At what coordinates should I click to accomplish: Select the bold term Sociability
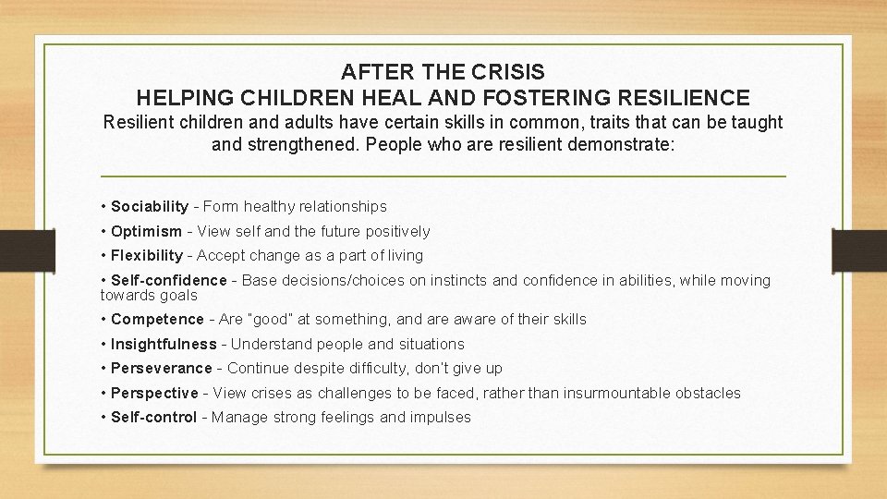click(x=150, y=207)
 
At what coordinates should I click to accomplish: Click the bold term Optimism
click(x=146, y=231)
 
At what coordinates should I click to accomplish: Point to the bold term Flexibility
click(x=147, y=255)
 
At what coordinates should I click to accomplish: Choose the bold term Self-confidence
click(x=168, y=280)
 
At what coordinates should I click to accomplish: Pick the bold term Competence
click(x=157, y=319)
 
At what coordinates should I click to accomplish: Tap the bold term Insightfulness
click(x=164, y=344)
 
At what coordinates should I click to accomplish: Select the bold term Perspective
click(x=154, y=393)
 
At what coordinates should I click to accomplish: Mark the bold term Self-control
click(x=153, y=417)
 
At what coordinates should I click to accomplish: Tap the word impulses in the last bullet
click(x=440, y=417)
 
